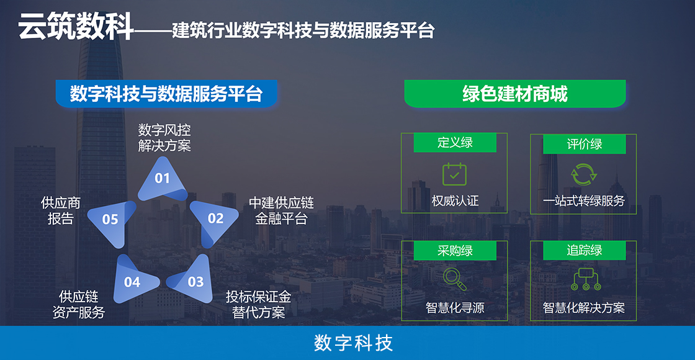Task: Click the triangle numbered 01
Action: pyautogui.click(x=162, y=179)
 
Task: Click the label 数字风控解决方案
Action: pyautogui.click(x=164, y=138)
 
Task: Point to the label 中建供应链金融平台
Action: pyautogui.click(x=282, y=210)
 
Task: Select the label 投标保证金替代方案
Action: pyautogui.click(x=258, y=304)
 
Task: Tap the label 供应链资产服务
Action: pyautogui.click(x=79, y=304)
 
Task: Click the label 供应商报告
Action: pyautogui.click(x=61, y=210)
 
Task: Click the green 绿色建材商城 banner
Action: pyautogui.click(x=515, y=94)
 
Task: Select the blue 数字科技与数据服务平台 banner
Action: pyautogui.click(x=167, y=94)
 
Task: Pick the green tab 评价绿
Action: pyautogui.click(x=584, y=144)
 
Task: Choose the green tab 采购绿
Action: pyautogui.click(x=455, y=251)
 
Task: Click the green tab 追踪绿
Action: pyautogui.click(x=584, y=251)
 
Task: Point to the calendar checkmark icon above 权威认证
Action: pyautogui.click(x=455, y=174)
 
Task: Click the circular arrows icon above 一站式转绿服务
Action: pyautogui.click(x=584, y=174)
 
